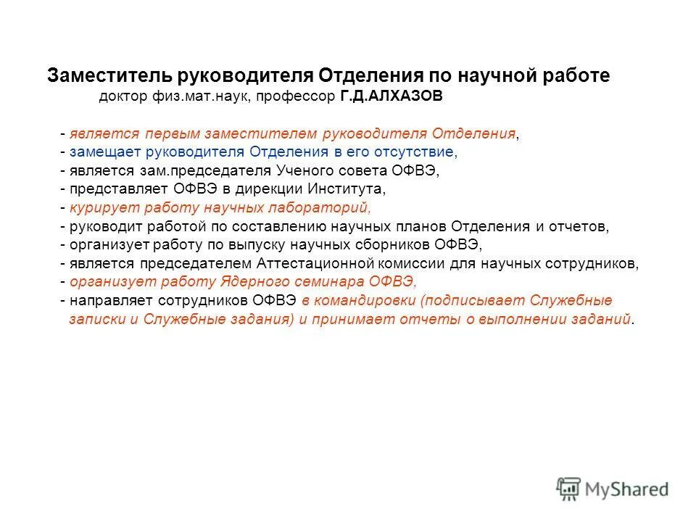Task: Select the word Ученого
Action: coord(304,171)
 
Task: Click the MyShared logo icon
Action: coord(569,488)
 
